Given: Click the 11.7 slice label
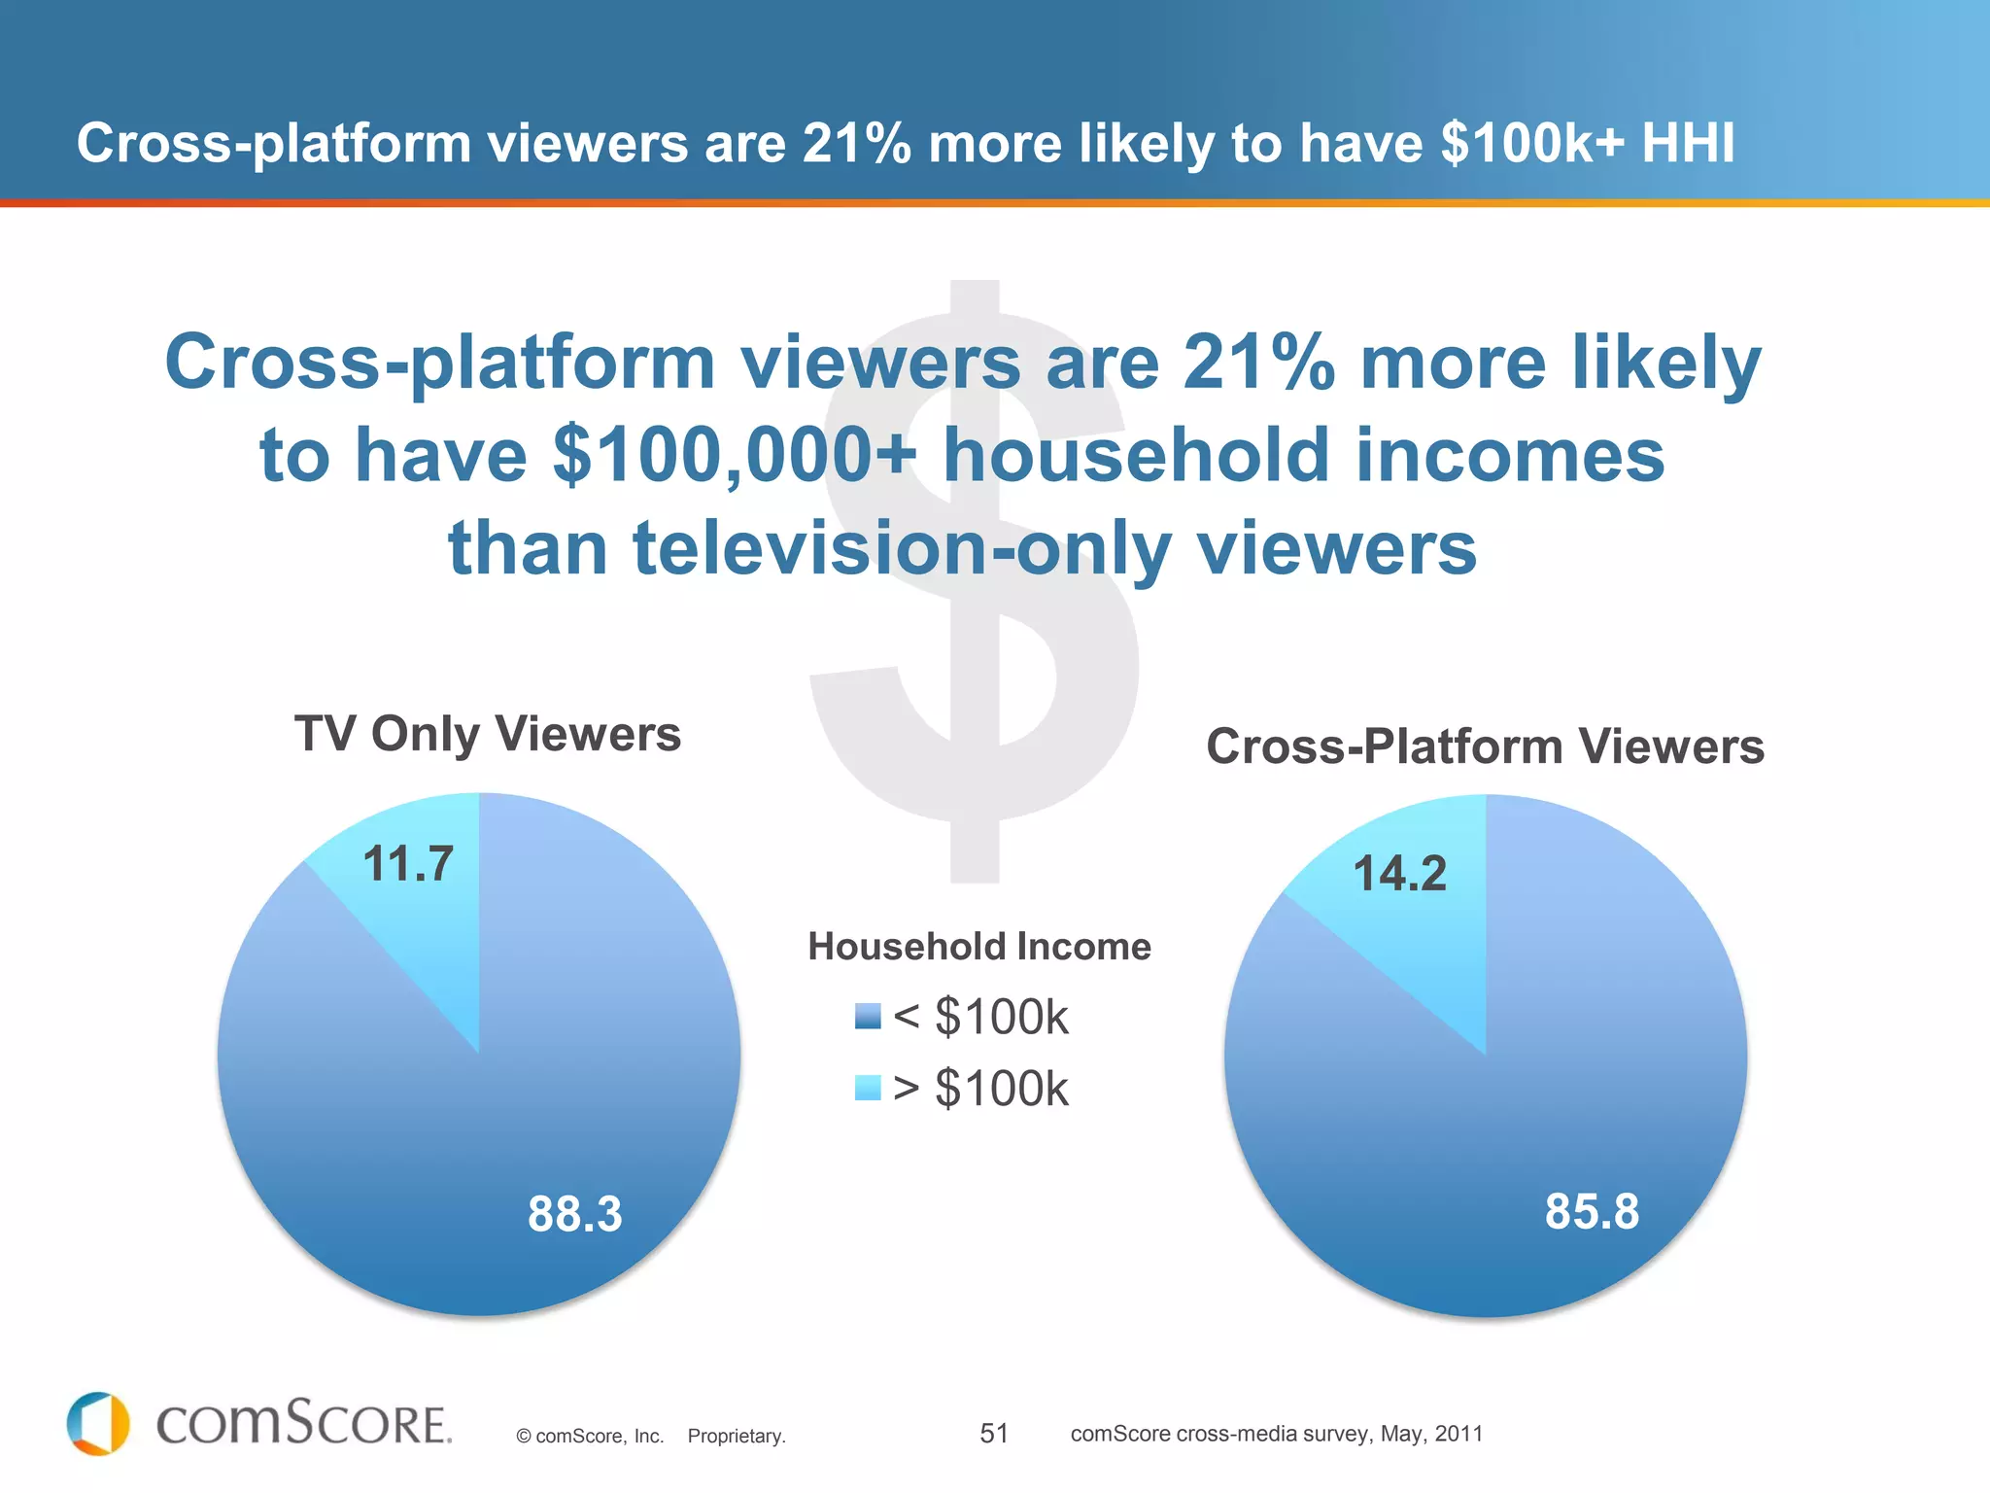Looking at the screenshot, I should pos(408,863).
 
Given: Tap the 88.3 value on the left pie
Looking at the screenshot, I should pos(574,1214).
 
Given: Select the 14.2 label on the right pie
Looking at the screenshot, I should pos(1399,873).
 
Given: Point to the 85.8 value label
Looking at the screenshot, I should pos(1592,1212).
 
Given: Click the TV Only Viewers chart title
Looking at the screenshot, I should pos(488,734).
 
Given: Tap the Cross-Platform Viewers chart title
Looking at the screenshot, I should pos(1485,746).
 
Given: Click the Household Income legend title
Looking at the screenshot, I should pos(979,947).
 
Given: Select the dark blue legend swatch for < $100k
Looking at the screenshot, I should pos(868,1017).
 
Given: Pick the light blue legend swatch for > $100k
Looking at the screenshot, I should pos(868,1088).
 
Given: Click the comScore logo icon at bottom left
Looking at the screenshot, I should pos(98,1424).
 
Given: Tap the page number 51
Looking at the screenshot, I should pos(994,1433).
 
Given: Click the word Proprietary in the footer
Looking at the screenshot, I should pos(736,1436).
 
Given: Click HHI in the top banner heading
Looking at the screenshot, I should pos(1688,143).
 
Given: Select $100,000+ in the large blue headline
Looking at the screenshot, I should pos(734,455).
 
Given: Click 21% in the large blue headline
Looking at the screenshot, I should pos(1258,362).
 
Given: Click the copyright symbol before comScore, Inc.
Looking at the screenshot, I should pos(524,1437).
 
